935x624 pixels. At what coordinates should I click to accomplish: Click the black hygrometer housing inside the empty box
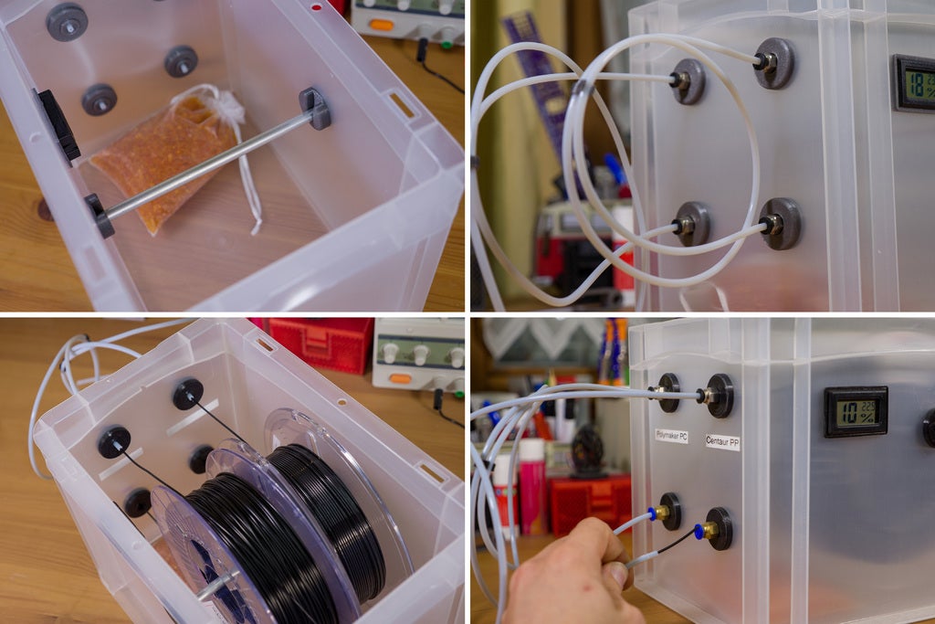click(x=58, y=123)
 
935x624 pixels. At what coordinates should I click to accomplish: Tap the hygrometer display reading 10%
click(x=856, y=411)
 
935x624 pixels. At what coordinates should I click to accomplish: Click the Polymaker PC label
click(x=671, y=436)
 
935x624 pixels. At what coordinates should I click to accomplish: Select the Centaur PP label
click(x=722, y=441)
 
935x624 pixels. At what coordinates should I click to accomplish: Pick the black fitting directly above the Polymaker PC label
click(x=668, y=392)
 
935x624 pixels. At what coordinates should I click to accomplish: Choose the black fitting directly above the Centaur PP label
click(x=719, y=396)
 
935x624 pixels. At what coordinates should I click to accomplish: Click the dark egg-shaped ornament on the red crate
click(x=587, y=451)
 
